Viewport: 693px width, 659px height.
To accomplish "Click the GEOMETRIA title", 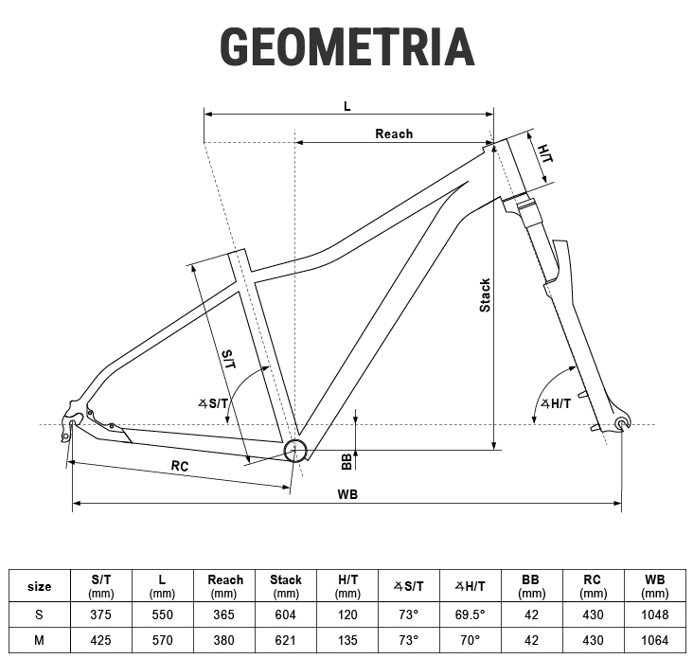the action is (347, 46).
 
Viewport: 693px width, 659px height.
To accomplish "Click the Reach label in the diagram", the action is (394, 134).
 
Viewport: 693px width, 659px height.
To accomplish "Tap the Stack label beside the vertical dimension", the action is (485, 295).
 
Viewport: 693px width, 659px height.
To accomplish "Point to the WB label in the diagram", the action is (347, 494).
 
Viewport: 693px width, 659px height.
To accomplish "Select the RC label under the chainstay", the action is (180, 466).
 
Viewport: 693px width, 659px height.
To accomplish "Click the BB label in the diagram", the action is (346, 461).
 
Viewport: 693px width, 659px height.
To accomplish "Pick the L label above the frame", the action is (346, 106).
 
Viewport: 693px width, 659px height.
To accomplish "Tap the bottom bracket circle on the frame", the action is (295, 451).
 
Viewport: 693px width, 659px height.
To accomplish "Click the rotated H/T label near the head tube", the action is (545, 153).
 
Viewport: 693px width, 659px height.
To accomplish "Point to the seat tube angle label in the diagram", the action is (213, 403).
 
